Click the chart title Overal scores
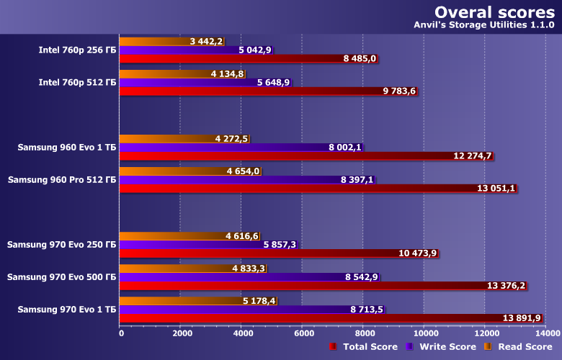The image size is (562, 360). click(494, 12)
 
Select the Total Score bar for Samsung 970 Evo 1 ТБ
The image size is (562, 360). click(330, 318)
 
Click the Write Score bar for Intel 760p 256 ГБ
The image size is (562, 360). click(196, 50)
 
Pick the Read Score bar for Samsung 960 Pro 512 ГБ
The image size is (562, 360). click(190, 171)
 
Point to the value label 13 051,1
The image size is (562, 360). click(496, 189)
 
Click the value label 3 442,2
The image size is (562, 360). click(207, 42)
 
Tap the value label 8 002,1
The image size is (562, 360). click(344, 148)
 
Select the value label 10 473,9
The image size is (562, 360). click(417, 253)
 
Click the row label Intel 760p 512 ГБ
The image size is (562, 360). click(78, 83)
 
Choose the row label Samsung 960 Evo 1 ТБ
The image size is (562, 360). click(67, 148)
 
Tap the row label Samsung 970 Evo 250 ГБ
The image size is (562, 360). click(62, 245)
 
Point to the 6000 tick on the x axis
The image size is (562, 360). click(303, 333)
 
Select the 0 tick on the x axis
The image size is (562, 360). click(120, 333)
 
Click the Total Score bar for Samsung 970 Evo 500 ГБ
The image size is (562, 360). click(323, 286)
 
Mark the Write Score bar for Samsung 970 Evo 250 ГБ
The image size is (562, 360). click(208, 245)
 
